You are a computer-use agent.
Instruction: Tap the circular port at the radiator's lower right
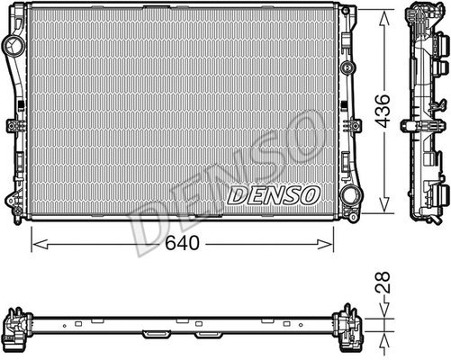pos(347,195)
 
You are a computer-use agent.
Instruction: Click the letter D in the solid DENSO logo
pos(236,194)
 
